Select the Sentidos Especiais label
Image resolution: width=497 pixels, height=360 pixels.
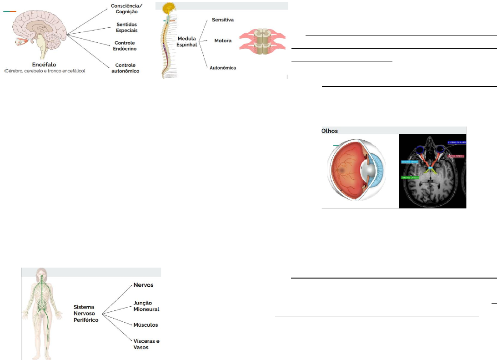point(126,27)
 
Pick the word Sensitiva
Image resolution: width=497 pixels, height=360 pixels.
point(223,20)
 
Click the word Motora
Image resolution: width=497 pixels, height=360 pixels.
point(223,41)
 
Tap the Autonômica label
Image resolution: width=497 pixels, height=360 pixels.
point(223,68)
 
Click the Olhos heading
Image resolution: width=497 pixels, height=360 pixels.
point(330,130)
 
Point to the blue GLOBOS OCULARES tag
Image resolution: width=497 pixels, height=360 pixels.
point(456,142)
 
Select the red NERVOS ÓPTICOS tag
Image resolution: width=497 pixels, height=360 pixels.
point(456,156)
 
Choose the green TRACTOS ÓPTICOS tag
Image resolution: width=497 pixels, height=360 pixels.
point(410,177)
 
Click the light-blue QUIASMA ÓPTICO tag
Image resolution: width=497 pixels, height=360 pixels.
point(410,162)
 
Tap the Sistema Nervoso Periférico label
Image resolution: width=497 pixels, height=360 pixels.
point(86,314)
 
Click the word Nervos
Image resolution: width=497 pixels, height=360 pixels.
point(143,285)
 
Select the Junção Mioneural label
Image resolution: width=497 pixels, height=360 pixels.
point(146,306)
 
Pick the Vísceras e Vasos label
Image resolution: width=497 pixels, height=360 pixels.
point(146,344)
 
